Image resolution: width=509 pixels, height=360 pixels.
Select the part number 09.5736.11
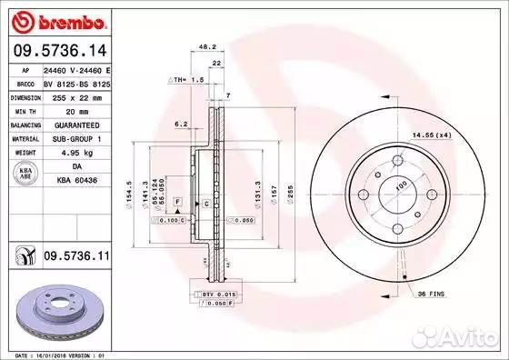[75, 258]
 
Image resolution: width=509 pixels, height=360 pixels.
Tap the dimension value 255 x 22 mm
[75, 95]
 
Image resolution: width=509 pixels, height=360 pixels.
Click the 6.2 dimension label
[180, 124]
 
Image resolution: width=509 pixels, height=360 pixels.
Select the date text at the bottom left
[56, 354]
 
